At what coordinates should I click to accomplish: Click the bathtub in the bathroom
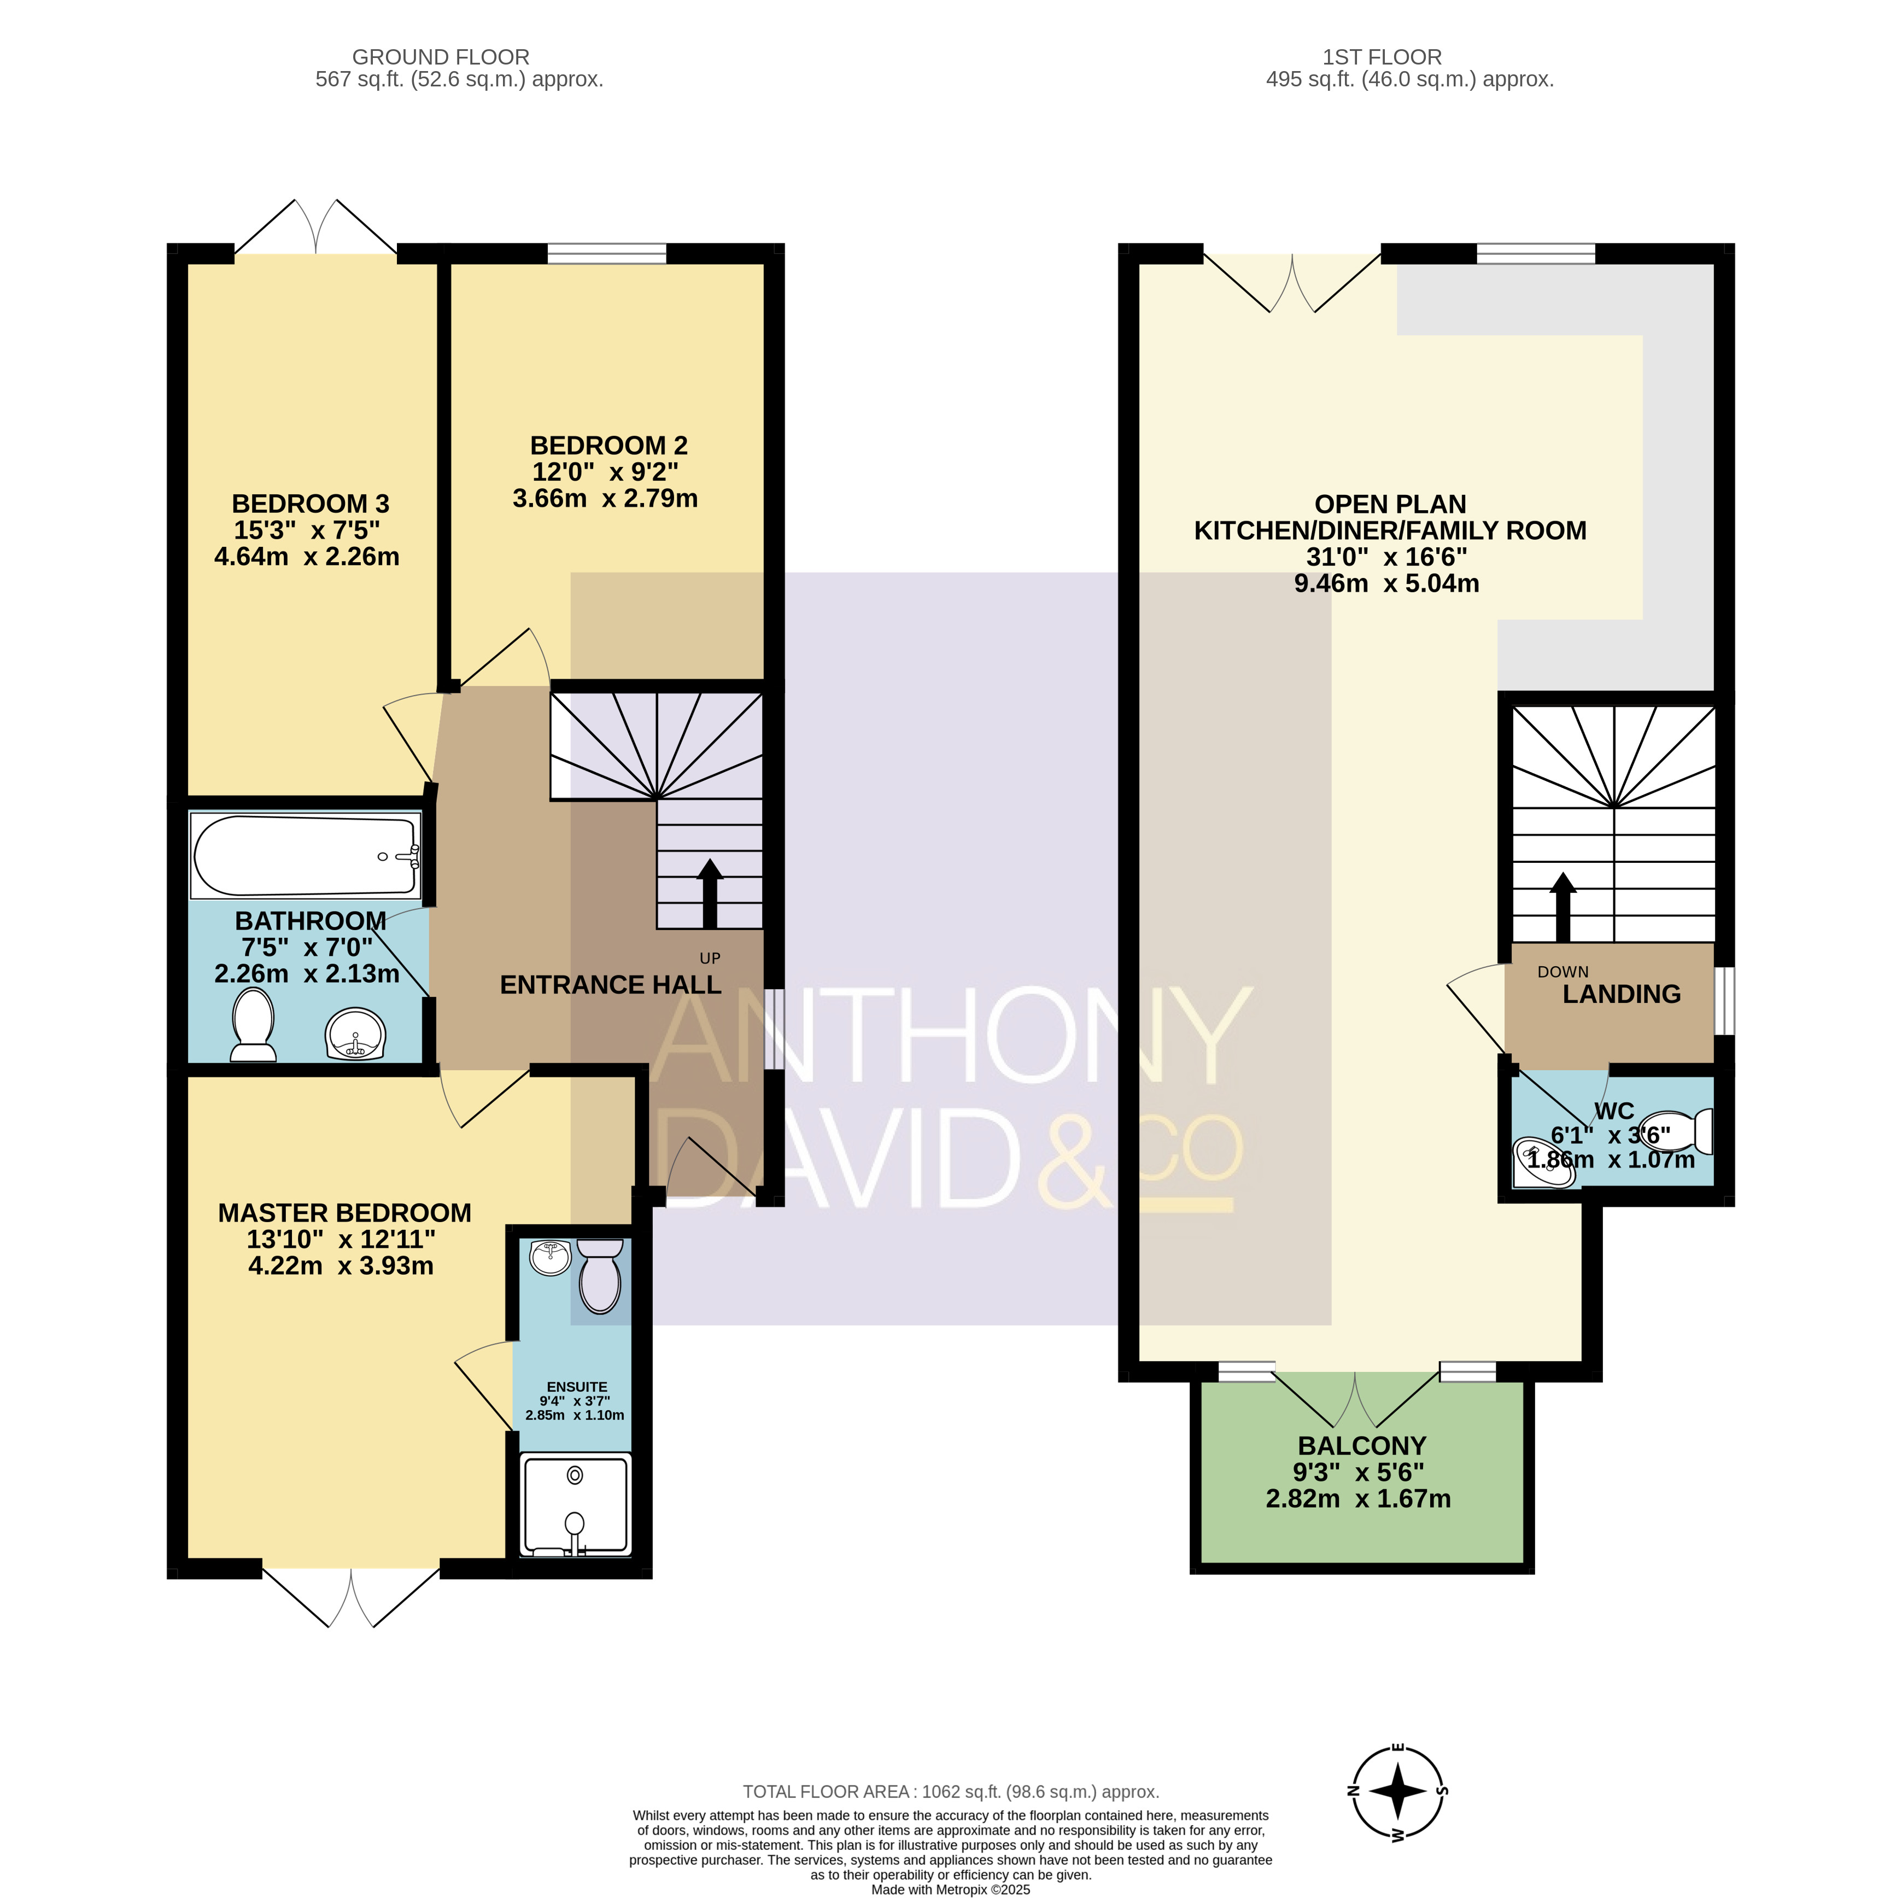(x=306, y=855)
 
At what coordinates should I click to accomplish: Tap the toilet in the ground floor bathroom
(x=253, y=1025)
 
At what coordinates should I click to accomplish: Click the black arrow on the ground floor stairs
(x=710, y=894)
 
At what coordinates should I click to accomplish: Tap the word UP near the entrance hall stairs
(x=710, y=958)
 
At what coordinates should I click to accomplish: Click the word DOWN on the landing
(x=1564, y=972)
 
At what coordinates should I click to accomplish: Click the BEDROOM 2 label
(x=608, y=446)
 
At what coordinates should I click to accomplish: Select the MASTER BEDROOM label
(x=344, y=1213)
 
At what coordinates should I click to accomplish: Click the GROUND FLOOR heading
(x=441, y=57)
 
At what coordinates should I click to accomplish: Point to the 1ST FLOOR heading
(x=1382, y=57)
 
